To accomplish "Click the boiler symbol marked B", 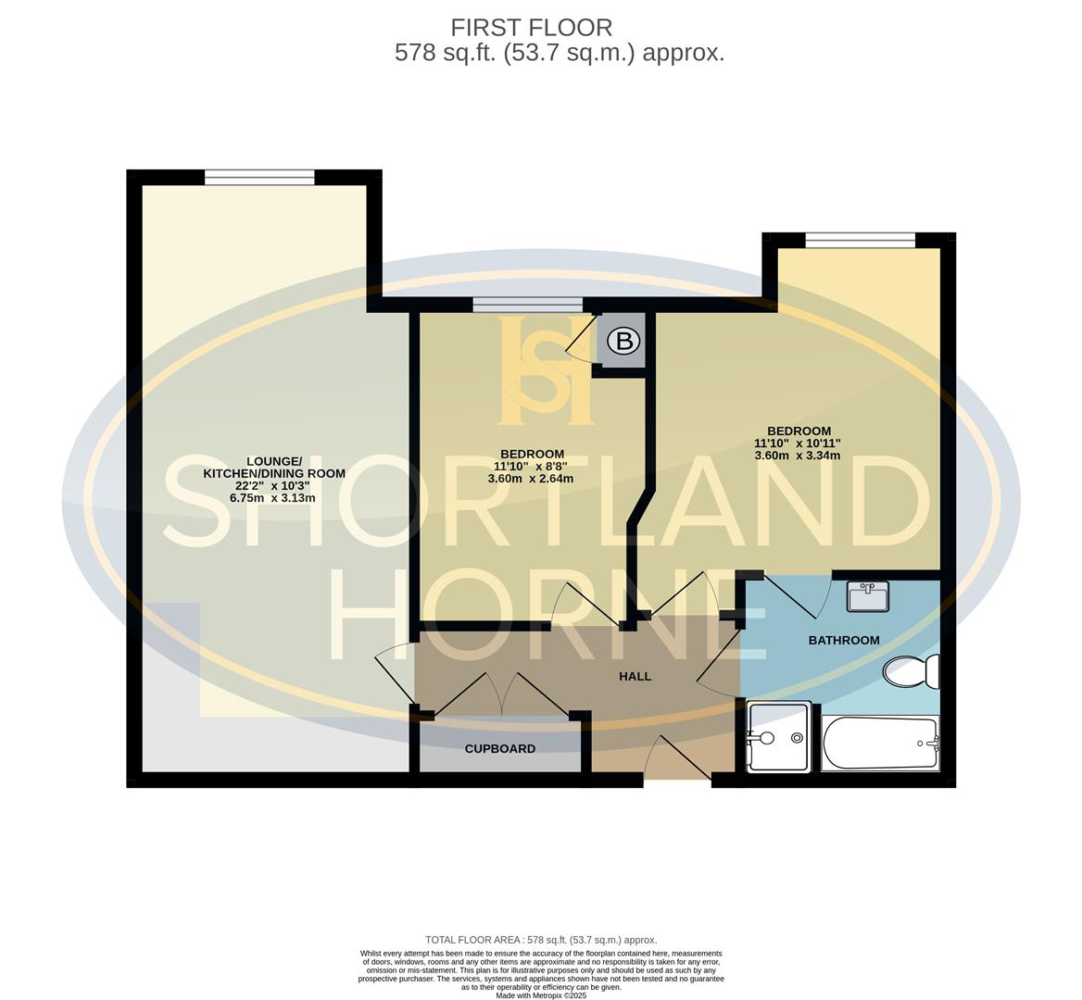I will coord(624,342).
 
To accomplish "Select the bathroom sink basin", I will coord(868,597).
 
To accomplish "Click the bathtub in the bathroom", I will coord(880,744).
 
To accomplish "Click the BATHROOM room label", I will coord(844,640).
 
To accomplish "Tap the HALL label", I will coord(635,676).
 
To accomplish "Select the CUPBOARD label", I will coord(500,748).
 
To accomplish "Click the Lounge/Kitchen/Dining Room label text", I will coord(273,468).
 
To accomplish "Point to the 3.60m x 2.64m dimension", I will coord(531,479).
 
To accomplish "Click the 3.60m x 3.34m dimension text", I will coord(798,455).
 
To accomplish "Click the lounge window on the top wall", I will coord(259,177).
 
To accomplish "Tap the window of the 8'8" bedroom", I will coord(527,304).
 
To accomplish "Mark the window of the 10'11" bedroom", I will coord(860,241).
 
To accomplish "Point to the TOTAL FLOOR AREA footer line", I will coord(541,940).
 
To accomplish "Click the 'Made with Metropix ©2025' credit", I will coord(541,995).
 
